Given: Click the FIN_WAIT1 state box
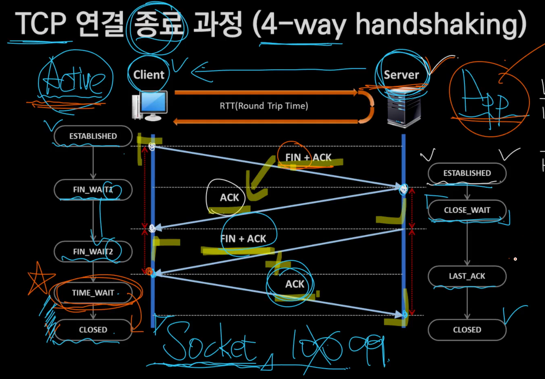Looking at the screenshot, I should coord(93,189).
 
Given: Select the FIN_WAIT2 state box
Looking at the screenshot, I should coord(93,252).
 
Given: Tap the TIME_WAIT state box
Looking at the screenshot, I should coord(93,293).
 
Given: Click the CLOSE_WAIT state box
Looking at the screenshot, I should coord(467,210).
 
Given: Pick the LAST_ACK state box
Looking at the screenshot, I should coord(467,276).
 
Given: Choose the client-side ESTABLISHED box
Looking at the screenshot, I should coord(93,136).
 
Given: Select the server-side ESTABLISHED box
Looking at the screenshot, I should coord(467,173).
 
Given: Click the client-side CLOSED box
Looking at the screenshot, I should coord(93,330).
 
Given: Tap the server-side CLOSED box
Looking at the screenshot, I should coord(467,330).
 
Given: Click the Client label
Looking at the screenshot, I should coord(149,75).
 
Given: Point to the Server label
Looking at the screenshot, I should coord(401,75).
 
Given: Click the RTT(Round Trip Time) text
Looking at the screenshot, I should coord(264,106).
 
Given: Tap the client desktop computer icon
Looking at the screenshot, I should coord(150,105).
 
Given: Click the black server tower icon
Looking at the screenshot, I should coord(403,110).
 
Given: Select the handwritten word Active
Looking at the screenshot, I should coord(74,80).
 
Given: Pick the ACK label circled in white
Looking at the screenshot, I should coord(229,198).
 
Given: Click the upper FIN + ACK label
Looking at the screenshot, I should coord(308,157).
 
